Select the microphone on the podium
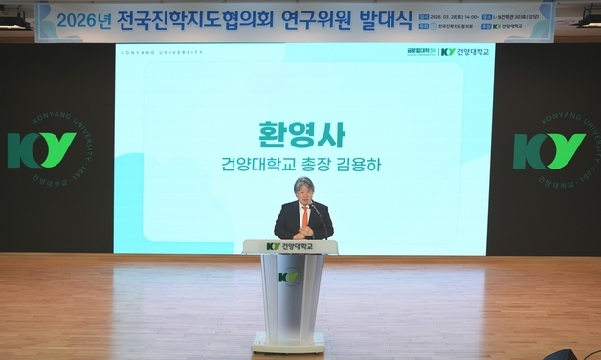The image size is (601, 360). tap(317, 213)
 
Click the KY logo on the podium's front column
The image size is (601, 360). tap(288, 278)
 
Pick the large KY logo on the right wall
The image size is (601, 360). tap(549, 150)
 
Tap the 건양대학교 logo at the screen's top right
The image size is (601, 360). tap(465, 52)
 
